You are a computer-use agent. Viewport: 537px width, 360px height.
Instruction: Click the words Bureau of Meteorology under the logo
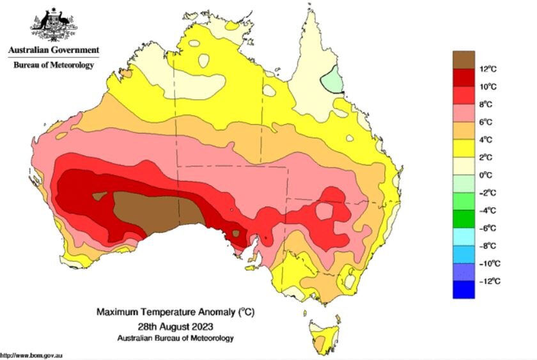pos(54,65)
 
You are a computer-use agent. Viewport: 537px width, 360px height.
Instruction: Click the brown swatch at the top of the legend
pos(463,59)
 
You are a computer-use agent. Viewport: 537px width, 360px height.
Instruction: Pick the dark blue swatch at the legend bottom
pos(463,290)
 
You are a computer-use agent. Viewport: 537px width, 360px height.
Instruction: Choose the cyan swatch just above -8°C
pos(463,237)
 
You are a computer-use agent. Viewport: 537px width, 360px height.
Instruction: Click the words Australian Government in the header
pos(54,50)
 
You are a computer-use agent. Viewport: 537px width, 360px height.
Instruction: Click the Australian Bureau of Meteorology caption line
pos(175,338)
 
